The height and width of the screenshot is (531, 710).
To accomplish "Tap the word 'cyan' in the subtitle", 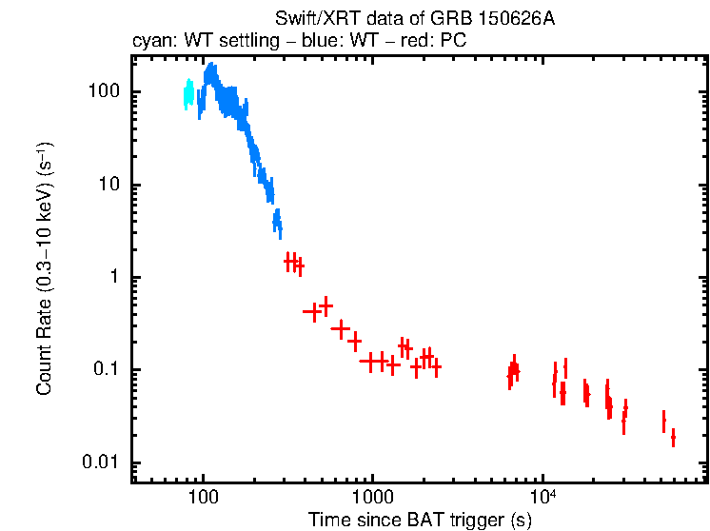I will click(149, 43).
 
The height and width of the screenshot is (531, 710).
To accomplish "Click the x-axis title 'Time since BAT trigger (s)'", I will click(420, 520).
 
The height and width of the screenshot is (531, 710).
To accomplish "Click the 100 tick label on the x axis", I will click(202, 497).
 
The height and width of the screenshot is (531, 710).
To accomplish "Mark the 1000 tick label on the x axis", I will click(372, 497).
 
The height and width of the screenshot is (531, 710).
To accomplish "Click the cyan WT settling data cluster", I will click(188, 94).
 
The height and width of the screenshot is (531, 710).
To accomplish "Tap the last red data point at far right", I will click(673, 438).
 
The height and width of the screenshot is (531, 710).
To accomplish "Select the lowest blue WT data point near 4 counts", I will click(277, 225).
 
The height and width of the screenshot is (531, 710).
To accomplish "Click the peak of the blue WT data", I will click(210, 71).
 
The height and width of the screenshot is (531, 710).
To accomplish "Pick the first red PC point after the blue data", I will click(289, 260).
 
